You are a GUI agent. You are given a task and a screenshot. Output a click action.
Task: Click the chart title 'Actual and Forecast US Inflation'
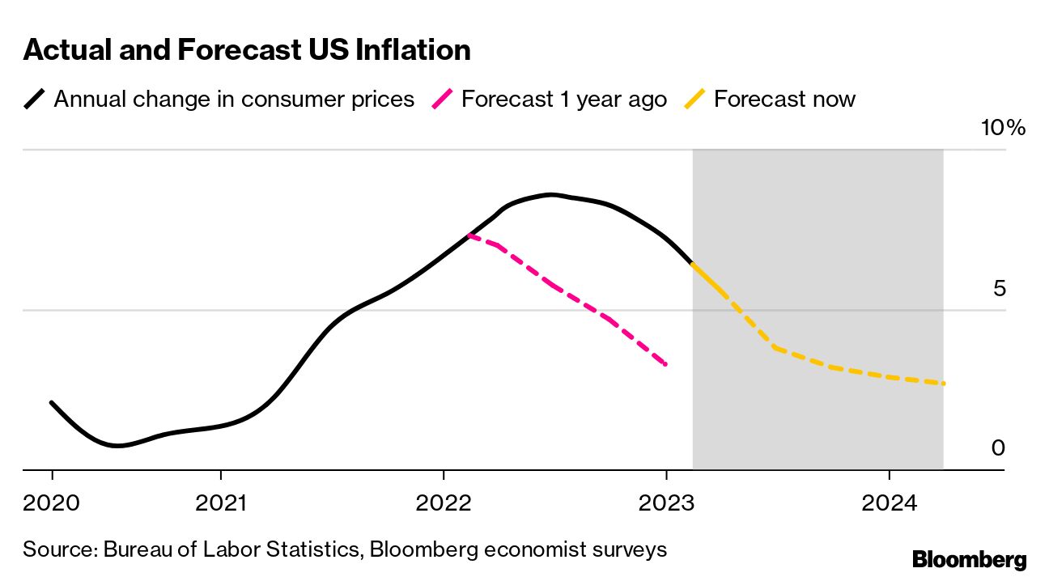(247, 50)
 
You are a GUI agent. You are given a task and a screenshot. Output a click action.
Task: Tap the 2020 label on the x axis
(53, 503)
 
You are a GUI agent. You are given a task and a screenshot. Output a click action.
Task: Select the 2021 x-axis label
(221, 503)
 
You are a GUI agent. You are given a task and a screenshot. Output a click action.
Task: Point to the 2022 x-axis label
(444, 503)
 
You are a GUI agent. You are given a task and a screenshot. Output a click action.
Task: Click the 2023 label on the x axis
(666, 503)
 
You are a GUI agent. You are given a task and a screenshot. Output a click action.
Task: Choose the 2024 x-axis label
(889, 503)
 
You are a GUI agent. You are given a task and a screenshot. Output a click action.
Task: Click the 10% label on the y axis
(1002, 128)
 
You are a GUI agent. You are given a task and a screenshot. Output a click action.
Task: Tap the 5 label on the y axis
(1000, 288)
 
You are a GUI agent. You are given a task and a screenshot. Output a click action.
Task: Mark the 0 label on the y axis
(999, 447)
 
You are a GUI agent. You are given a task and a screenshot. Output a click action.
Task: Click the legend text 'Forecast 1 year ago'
(564, 100)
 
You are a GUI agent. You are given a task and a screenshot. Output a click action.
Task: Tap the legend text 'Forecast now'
(784, 100)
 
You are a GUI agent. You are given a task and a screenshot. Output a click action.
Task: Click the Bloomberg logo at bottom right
(969, 559)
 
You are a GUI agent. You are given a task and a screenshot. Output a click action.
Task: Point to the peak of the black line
(550, 194)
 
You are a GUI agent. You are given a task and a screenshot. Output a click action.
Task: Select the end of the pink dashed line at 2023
(665, 364)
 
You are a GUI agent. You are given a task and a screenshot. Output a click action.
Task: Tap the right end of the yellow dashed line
(943, 384)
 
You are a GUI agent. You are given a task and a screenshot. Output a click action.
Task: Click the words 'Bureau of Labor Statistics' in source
(232, 549)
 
